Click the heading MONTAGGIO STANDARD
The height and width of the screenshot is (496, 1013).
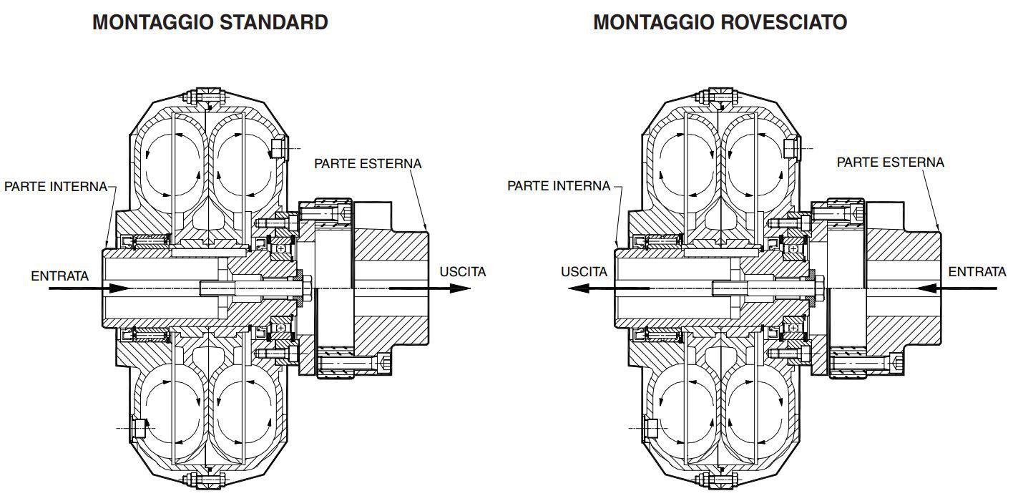(210, 23)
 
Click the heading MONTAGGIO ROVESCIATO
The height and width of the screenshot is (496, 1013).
(720, 23)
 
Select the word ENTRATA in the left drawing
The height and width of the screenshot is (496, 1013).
(60, 276)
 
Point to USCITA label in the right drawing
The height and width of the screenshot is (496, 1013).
(584, 272)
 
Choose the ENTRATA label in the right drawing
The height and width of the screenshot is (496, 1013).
(977, 272)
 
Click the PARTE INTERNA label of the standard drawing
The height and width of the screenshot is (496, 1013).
(56, 187)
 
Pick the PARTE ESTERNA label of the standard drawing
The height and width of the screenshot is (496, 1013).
(368, 164)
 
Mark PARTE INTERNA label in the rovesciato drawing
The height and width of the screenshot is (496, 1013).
(559, 186)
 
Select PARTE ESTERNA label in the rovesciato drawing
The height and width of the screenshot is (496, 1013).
(891, 162)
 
